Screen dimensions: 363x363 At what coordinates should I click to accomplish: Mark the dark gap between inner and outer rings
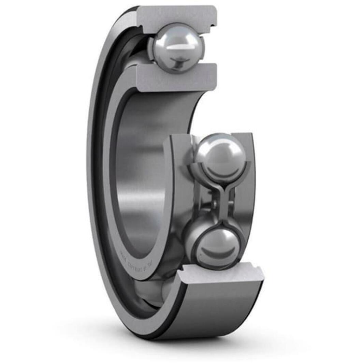(102, 171)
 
